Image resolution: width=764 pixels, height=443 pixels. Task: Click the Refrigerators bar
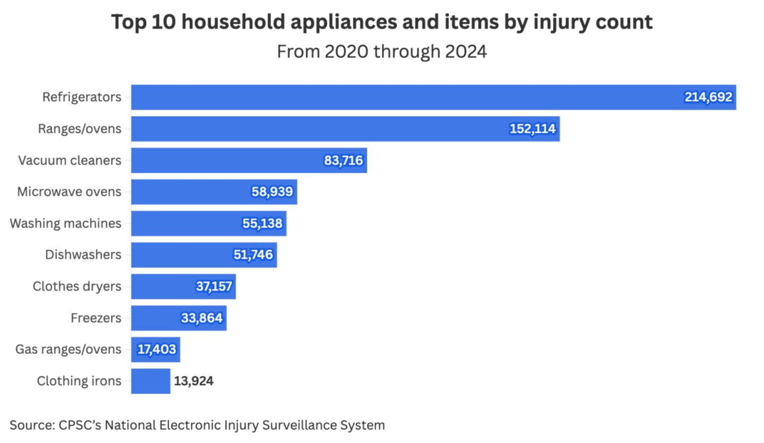pyautogui.click(x=403, y=98)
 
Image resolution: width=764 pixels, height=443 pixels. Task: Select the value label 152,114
pyautogui.click(x=532, y=129)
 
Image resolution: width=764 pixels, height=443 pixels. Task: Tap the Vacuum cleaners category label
pyautogui.click(x=70, y=161)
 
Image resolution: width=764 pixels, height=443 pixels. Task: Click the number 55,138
pyautogui.click(x=263, y=224)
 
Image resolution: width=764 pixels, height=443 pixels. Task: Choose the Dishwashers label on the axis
pyautogui.click(x=83, y=255)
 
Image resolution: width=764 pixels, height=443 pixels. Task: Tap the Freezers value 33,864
pyautogui.click(x=202, y=318)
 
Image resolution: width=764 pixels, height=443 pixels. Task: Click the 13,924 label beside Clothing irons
pyautogui.click(x=193, y=381)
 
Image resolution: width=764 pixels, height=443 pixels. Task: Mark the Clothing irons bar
pyautogui.click(x=151, y=381)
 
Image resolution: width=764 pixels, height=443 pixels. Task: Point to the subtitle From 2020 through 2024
pyautogui.click(x=381, y=52)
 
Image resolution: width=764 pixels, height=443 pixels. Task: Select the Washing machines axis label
pyautogui.click(x=65, y=224)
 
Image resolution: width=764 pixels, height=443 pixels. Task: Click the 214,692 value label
pyautogui.click(x=708, y=98)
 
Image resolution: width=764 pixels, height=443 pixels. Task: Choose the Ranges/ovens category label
pyautogui.click(x=80, y=129)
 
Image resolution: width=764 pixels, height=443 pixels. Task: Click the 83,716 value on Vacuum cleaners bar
pyautogui.click(x=343, y=161)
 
